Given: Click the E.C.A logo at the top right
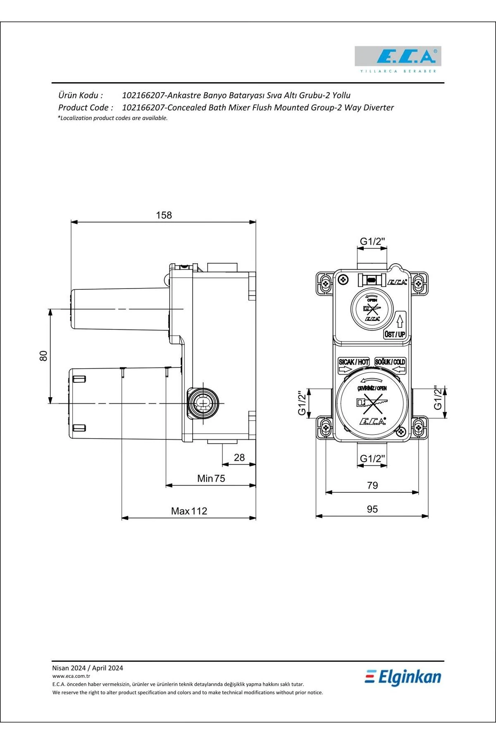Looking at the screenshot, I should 398,57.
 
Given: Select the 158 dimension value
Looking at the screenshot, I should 164,215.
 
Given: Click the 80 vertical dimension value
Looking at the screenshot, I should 43,356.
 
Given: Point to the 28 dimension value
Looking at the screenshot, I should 239,458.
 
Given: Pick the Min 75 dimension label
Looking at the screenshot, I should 211,479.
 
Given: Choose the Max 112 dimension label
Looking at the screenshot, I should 189,511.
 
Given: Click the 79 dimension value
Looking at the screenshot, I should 372,485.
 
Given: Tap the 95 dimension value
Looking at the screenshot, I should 372,509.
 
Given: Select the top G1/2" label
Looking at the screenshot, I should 372,241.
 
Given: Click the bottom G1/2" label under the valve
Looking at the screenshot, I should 372,458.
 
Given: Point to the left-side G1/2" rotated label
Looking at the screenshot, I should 302,403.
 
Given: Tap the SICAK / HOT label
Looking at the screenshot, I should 354,362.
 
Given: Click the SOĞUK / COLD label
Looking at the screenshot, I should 390,362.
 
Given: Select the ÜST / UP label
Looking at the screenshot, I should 395,334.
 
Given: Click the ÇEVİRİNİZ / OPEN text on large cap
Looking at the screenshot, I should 372,388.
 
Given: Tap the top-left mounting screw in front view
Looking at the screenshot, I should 326,284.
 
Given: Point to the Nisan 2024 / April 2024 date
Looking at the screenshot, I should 88,668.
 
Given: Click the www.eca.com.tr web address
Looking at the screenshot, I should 71,676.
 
